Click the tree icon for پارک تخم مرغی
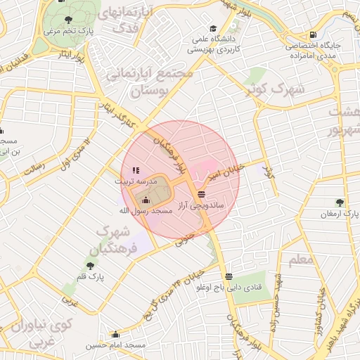click(67, 20)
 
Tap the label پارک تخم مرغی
click(67, 32)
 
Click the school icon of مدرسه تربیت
click(136, 170)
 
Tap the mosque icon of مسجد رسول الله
click(146, 200)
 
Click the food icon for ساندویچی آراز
click(202, 193)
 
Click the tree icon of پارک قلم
click(90, 265)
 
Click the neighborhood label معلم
click(300, 259)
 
